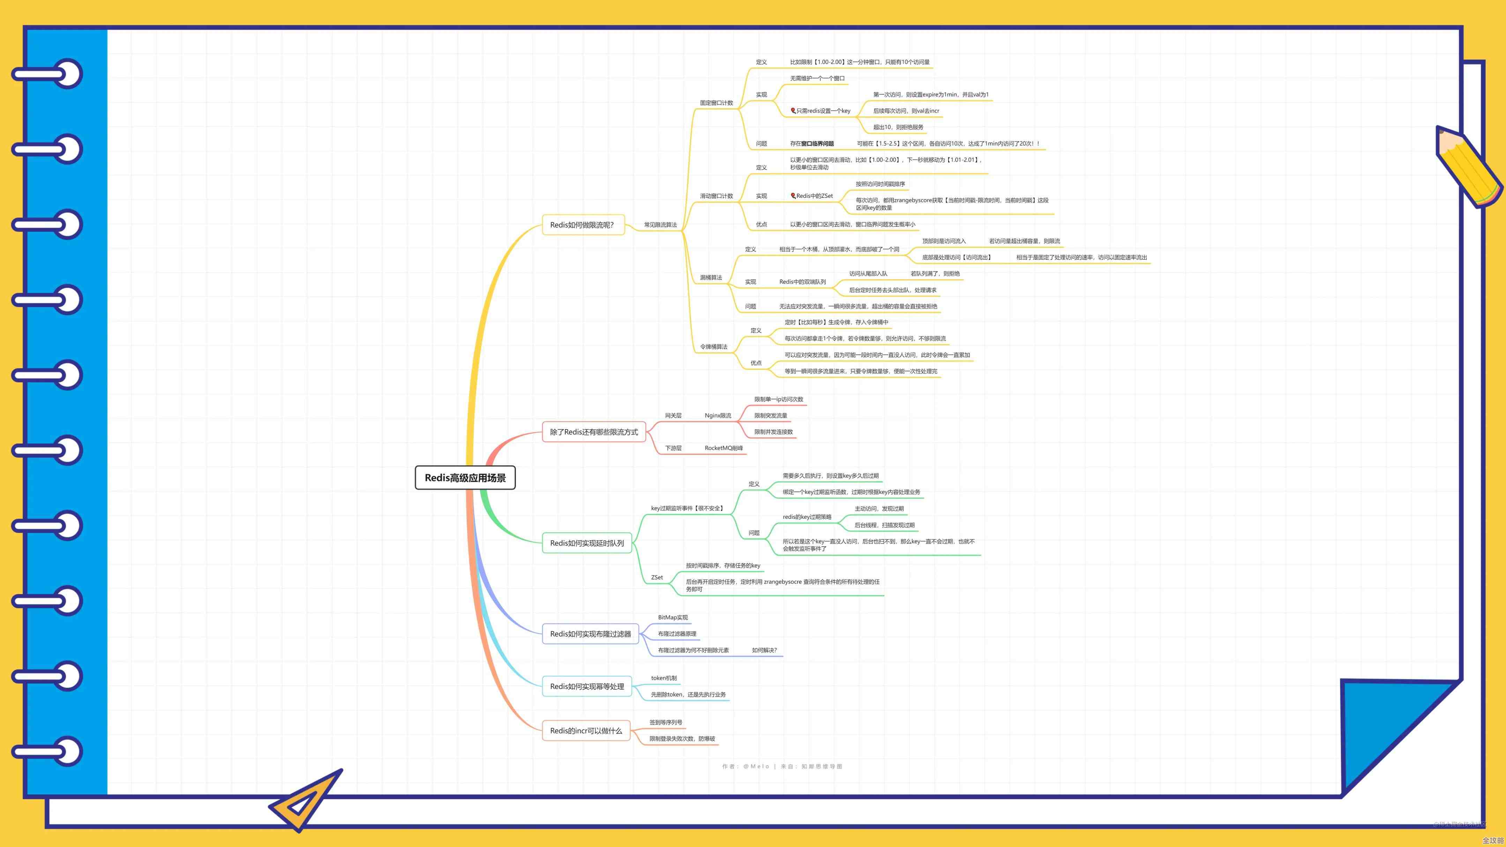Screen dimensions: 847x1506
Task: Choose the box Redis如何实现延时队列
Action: pos(587,543)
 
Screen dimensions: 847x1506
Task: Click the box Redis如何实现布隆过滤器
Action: pos(591,634)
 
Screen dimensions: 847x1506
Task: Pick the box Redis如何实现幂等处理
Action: pos(587,686)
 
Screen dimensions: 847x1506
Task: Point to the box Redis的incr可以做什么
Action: pos(586,731)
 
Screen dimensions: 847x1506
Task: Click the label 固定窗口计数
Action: pos(716,103)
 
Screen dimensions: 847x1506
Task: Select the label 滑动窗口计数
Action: pos(716,196)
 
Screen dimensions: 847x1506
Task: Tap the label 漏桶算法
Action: pos(711,278)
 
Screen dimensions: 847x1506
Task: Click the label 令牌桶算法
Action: pos(714,347)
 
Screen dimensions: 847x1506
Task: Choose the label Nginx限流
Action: pos(717,415)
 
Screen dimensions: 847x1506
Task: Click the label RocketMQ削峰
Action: pos(723,448)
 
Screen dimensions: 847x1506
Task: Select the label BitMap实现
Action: pos(672,617)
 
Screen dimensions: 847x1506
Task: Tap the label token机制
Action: pos(664,678)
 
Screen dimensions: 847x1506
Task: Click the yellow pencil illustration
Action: pos(1469,167)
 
